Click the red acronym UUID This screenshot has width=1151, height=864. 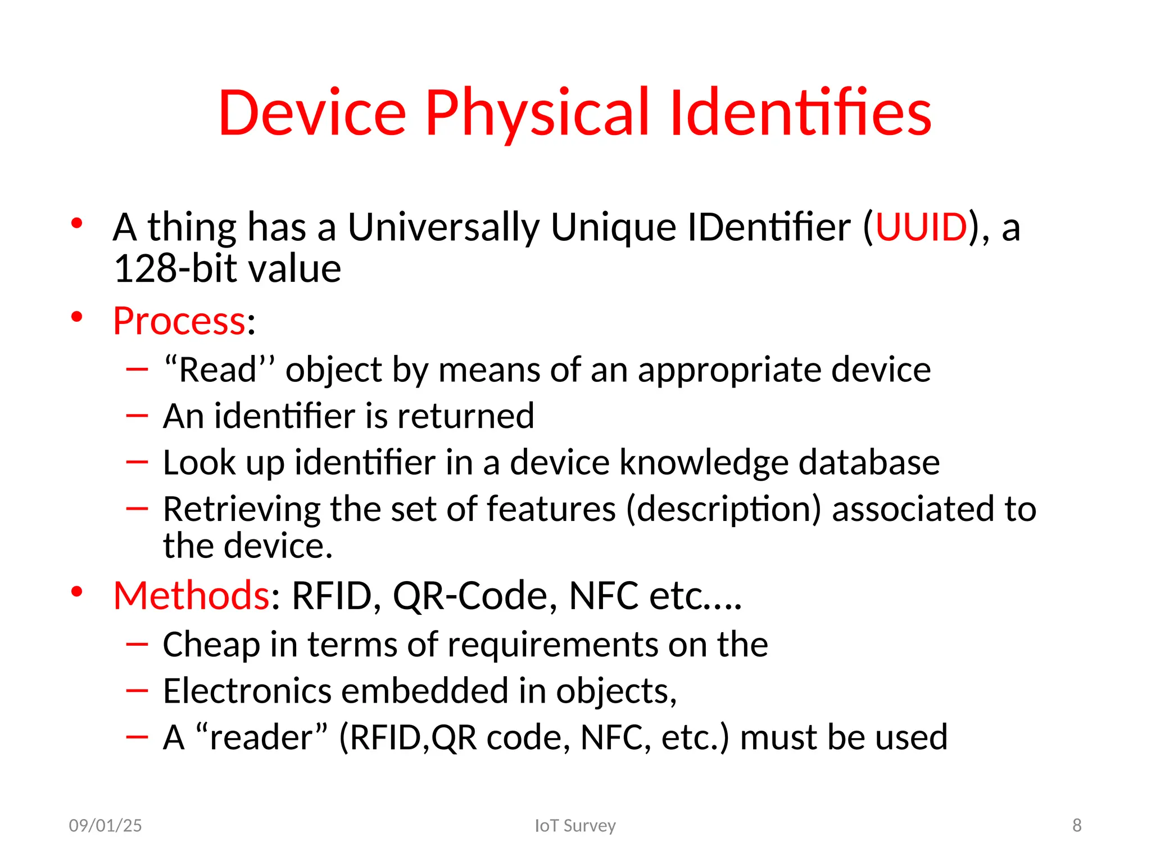click(921, 227)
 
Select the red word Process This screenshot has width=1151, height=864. click(179, 321)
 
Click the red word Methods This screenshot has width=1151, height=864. click(191, 596)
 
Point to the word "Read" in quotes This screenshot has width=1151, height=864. click(219, 370)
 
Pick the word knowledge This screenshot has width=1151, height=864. click(704, 462)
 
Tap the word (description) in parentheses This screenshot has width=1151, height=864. click(723, 510)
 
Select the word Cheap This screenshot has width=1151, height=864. click(211, 644)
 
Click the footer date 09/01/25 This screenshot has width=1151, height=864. click(105, 826)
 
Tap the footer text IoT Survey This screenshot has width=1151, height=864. click(575, 826)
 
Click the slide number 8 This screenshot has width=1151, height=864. click(1077, 825)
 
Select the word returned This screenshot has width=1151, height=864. click(465, 416)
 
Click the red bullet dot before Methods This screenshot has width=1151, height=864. click(77, 592)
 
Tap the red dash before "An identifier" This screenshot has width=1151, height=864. click(137, 416)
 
